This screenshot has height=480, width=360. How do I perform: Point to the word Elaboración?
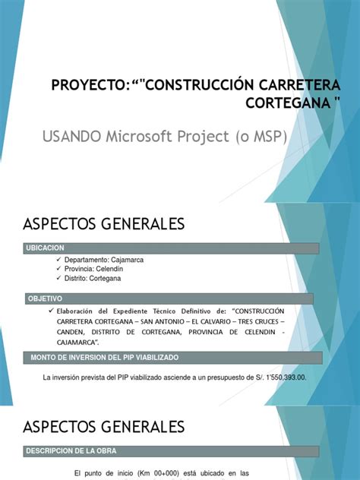(x=77, y=311)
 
